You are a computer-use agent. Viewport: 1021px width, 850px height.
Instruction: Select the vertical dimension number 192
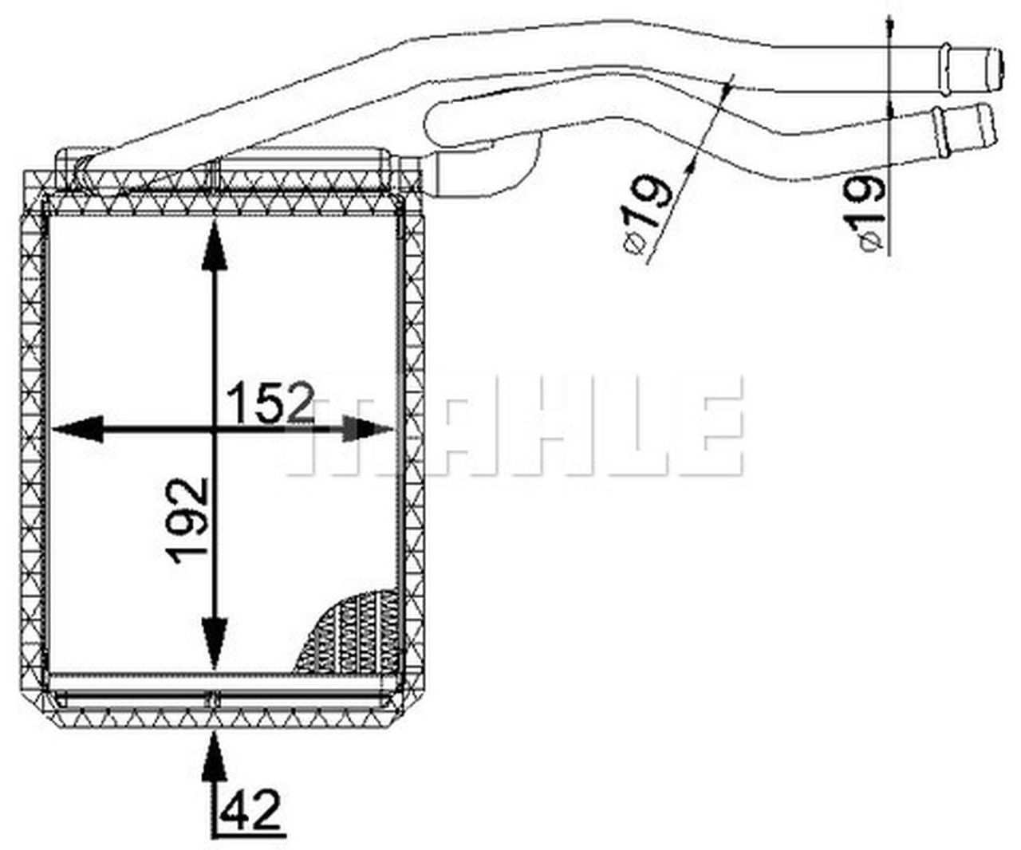coord(188,519)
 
